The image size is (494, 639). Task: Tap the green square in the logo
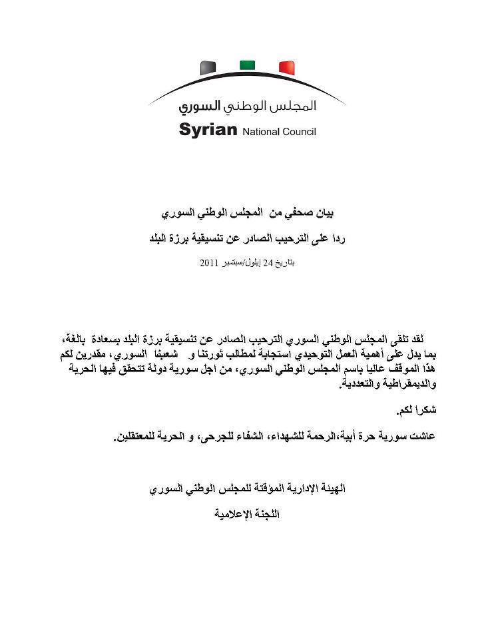(247, 64)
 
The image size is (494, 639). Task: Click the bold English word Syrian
(208, 129)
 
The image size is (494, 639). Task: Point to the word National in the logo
(260, 131)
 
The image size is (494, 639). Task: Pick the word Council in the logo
(298, 131)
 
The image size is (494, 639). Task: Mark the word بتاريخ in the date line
(285, 264)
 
